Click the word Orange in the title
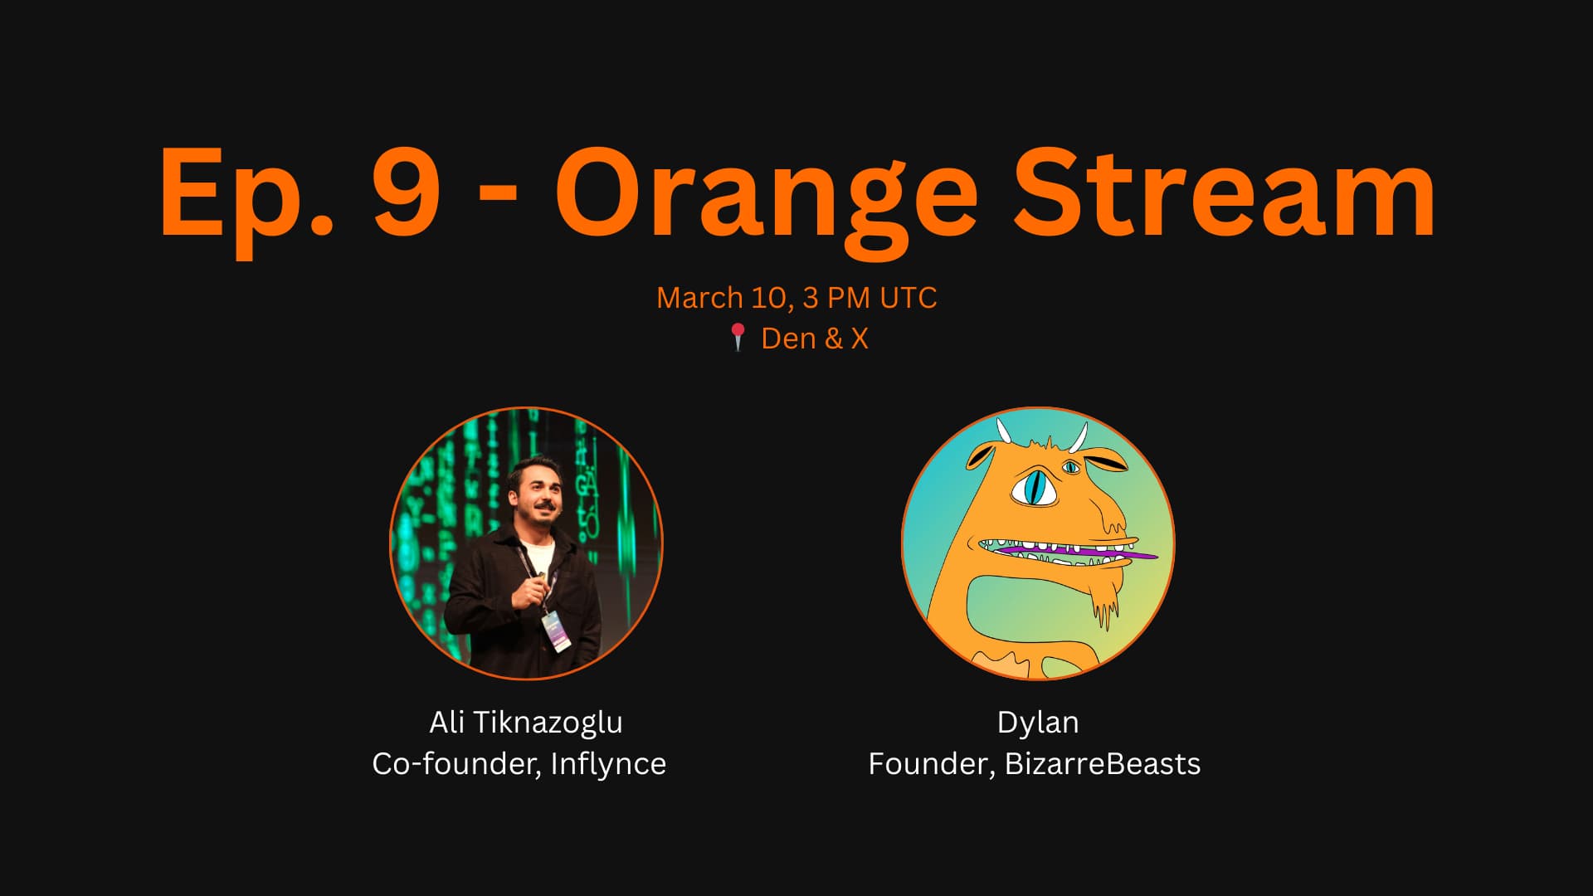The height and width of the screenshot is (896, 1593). click(767, 200)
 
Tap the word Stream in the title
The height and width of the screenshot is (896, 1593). click(1224, 192)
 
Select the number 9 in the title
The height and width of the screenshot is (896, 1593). click(406, 192)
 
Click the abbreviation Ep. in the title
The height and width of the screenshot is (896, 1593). click(246, 200)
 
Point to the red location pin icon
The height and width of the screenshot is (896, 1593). click(738, 338)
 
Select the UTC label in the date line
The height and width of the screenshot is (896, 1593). click(909, 298)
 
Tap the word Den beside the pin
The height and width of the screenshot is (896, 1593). click(788, 338)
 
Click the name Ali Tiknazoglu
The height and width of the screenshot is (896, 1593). click(526, 723)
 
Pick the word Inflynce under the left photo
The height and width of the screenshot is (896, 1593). click(608, 764)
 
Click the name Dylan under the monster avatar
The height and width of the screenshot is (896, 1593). click(1038, 723)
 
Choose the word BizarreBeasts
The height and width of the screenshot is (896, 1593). click(1103, 764)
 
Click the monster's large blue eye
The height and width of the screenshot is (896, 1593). click(1034, 488)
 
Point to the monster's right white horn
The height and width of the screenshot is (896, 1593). click(1079, 438)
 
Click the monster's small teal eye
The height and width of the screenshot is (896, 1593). click(1071, 468)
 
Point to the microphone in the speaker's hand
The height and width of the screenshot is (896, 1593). click(541, 581)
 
